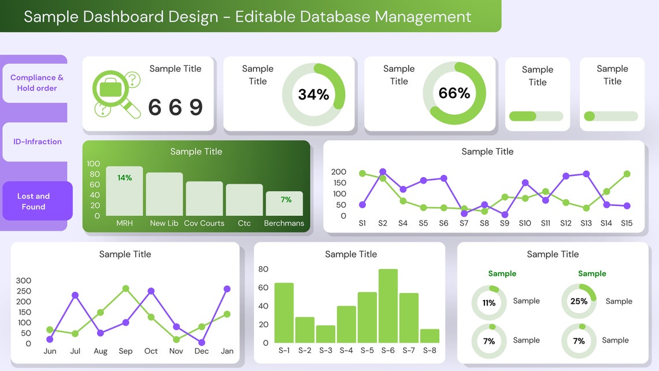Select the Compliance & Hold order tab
36,83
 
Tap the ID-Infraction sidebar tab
37,141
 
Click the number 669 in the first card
175,108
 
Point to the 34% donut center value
313,94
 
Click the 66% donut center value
454,93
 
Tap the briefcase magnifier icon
116,93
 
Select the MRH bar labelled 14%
124,191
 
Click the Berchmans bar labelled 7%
284,203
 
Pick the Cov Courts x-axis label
204,223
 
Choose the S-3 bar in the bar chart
325,334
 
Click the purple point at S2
383,172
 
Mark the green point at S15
627,174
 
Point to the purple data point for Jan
227,289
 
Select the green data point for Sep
125,288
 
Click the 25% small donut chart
579,301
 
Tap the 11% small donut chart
489,303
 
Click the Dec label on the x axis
202,351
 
